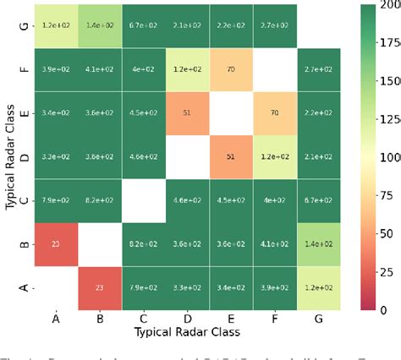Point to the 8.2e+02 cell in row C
[x=97, y=179]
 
